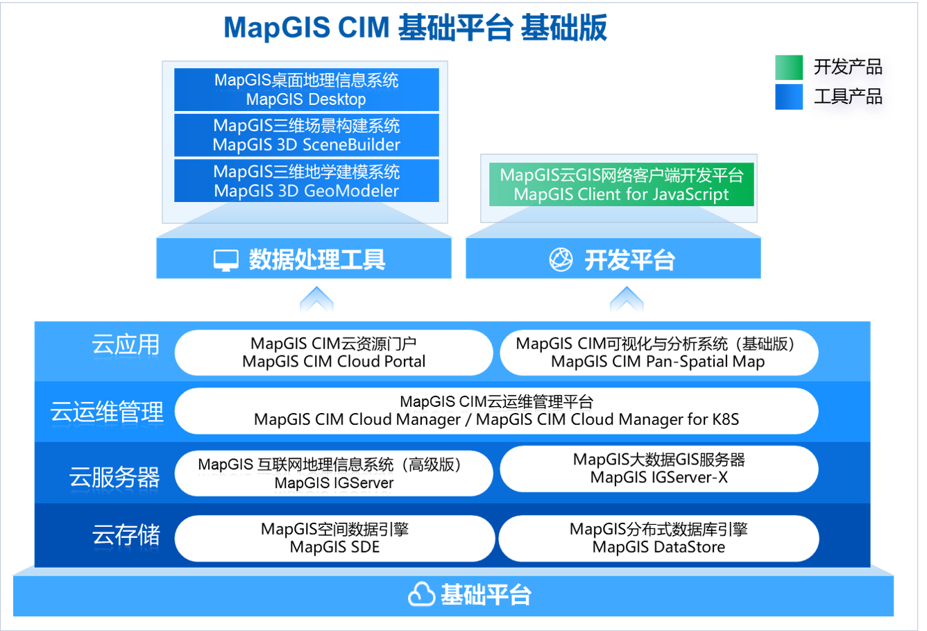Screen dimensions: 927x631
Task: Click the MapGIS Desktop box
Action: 306,90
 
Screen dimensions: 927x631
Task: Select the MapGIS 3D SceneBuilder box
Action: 306,135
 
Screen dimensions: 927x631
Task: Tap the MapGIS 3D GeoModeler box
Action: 306,181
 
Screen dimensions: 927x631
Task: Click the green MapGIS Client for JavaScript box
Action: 621,184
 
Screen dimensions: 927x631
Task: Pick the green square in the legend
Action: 789,67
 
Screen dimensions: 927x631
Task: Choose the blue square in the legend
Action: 789,97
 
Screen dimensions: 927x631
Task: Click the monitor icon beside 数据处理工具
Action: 226,260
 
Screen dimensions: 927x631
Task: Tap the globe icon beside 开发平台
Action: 561,260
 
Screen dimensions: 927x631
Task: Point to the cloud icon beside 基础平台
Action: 421,594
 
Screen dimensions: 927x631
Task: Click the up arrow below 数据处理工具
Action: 316,298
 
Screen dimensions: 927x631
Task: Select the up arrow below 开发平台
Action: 627,298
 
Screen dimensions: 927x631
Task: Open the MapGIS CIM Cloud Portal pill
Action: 334,353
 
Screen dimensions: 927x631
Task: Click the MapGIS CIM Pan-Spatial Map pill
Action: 659,353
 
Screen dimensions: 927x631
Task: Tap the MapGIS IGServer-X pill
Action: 659,469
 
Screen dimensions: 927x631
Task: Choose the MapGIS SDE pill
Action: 334,538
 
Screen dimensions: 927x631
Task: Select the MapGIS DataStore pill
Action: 659,538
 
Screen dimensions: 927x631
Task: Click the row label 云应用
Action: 126,344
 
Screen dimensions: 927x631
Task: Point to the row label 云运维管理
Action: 107,412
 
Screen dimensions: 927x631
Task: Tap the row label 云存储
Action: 126,535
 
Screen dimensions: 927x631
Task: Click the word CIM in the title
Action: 364,28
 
